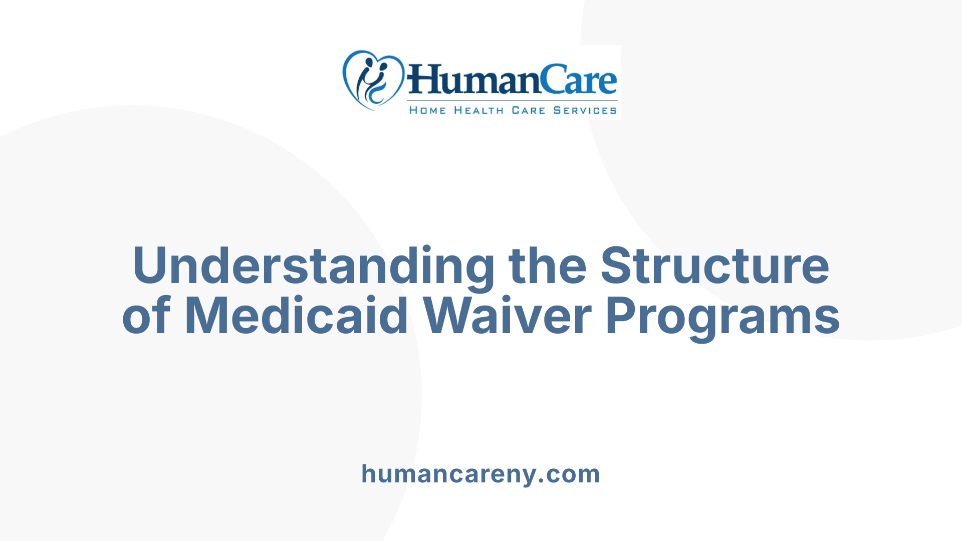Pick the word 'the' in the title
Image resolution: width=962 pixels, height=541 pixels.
[547, 265]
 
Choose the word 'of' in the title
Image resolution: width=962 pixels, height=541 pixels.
[146, 316]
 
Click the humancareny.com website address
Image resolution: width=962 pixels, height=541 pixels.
[480, 474]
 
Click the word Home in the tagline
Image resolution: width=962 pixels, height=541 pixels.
[427, 110]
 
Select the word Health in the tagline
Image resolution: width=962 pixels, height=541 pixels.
[478, 110]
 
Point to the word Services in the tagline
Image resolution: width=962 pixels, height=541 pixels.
[585, 110]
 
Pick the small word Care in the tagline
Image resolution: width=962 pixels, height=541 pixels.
[528, 110]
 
